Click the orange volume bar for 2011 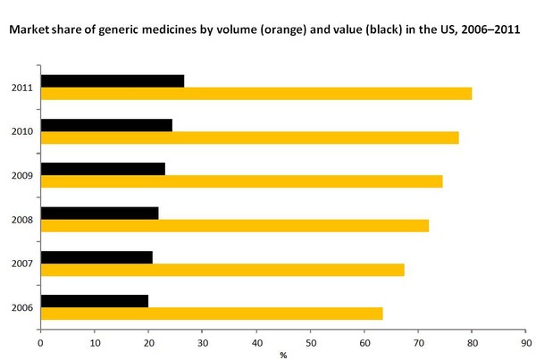pos(256,94)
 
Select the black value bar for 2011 pos(113,80)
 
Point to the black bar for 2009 pos(103,168)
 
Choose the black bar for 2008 pos(100,213)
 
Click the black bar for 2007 pos(96,257)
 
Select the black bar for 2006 pos(95,301)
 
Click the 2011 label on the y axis pos(23,88)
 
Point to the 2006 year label pos(23,308)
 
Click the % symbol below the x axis pos(283,355)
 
